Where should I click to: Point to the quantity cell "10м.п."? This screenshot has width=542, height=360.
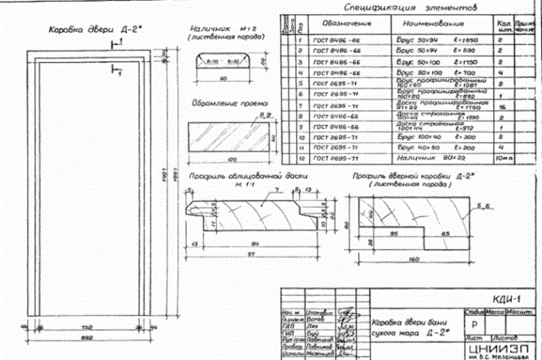tap(505, 159)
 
